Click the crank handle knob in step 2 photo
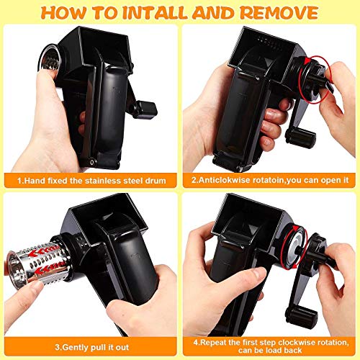pyautogui.click(x=300, y=138)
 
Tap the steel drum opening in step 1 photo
pyautogui.click(x=49, y=60)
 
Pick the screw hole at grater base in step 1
pyautogui.click(x=92, y=162)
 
